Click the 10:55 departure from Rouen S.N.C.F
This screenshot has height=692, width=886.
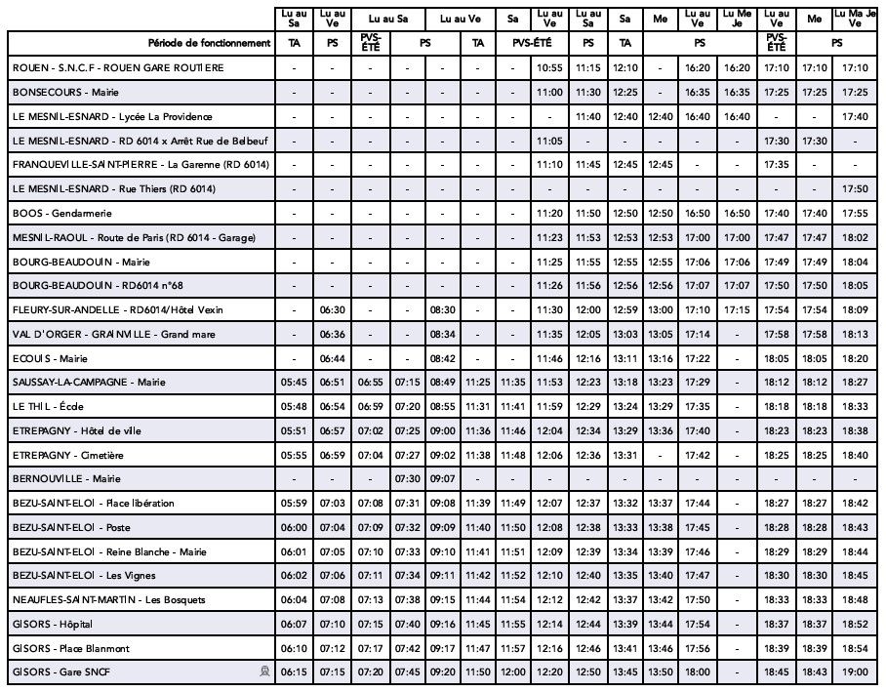coord(549,68)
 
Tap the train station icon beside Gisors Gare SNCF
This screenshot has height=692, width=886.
coord(263,672)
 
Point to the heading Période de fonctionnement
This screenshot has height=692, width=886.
coord(209,43)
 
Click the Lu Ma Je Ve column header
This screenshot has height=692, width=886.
coord(855,18)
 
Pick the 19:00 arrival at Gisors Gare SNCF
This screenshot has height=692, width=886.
coord(855,672)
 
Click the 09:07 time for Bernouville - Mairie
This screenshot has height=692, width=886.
coord(442,479)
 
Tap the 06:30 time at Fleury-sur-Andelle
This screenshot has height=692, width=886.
coord(332,310)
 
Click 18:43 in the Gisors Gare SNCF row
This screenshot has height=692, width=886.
coord(815,672)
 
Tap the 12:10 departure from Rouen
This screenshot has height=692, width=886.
coord(624,68)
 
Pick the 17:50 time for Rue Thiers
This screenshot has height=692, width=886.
coord(855,189)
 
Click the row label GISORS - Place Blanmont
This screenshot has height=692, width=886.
coord(71,648)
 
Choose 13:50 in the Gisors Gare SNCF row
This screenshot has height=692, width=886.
coord(661,672)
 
